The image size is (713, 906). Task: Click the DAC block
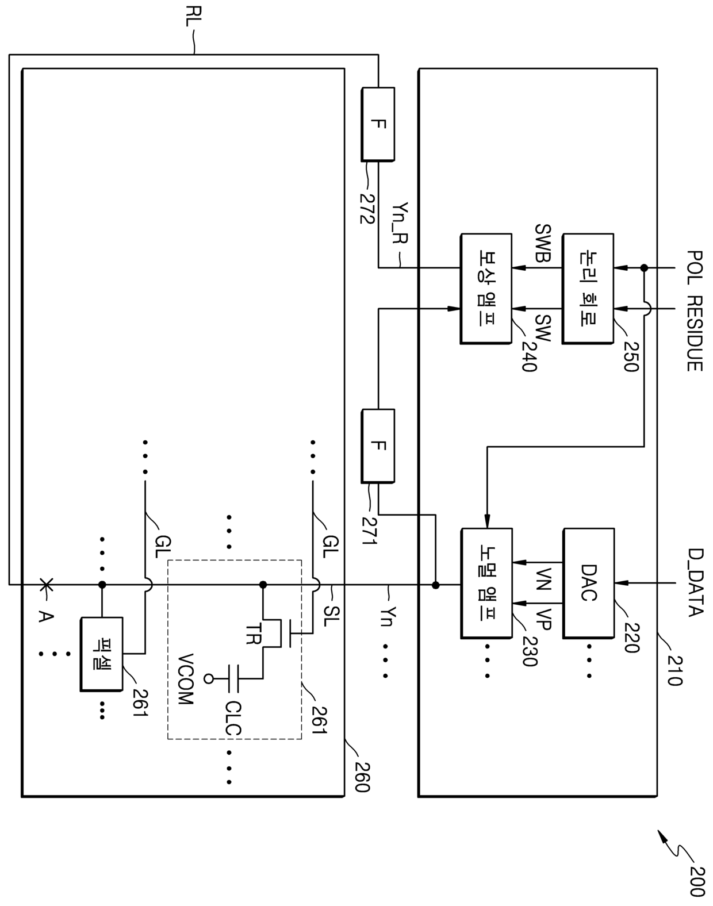tap(588, 583)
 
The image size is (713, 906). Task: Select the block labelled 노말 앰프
tap(487, 583)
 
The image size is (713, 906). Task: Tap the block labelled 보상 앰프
tap(486, 289)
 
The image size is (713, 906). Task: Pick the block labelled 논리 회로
tap(588, 289)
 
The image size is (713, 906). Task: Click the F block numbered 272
tap(378, 124)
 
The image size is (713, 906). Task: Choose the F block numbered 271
tap(378, 446)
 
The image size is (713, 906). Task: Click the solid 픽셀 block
tap(102, 654)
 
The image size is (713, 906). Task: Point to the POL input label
tap(695, 268)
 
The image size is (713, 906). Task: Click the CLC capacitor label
tap(233, 719)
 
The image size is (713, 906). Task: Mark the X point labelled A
tap(46, 584)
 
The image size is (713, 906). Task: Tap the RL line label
tap(193, 17)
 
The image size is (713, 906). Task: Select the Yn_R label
tap(400, 223)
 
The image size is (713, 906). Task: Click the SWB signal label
tap(543, 243)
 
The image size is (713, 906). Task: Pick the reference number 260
tap(362, 777)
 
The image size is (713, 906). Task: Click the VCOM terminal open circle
tap(208, 679)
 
